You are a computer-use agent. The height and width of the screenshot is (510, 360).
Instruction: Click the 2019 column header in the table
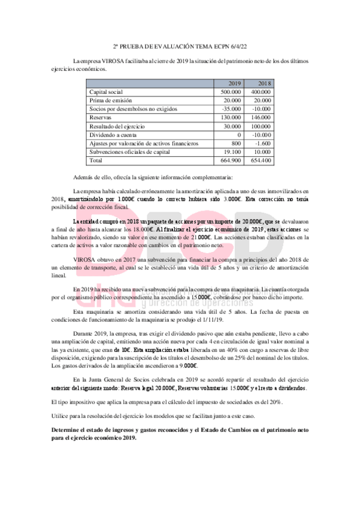[x=234, y=84]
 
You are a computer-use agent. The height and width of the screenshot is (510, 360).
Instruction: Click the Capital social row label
[x=106, y=92]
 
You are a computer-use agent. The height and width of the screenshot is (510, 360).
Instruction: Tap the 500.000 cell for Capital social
[x=231, y=92]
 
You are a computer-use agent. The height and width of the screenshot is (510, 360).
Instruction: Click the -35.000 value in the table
[x=232, y=109]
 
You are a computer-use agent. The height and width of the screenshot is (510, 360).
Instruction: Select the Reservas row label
[x=101, y=118]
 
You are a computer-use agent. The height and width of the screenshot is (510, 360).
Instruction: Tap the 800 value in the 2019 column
[x=236, y=144]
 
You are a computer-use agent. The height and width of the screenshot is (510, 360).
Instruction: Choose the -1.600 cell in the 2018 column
[x=263, y=144]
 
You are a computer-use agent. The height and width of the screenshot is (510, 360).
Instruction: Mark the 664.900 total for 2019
[x=231, y=161]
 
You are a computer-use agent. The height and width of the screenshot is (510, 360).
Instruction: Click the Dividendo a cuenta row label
[x=112, y=135]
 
